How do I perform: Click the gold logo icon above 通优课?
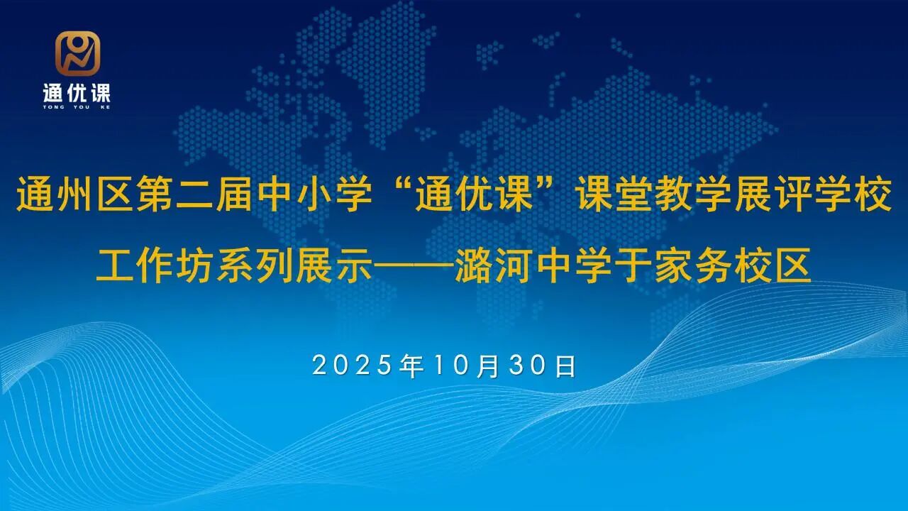77,53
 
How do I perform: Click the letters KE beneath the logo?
105,107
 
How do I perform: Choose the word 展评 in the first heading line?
773,193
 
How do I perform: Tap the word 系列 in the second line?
255,265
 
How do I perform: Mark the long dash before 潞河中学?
413,265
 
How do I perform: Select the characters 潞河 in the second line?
493,265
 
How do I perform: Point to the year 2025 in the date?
353,366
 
